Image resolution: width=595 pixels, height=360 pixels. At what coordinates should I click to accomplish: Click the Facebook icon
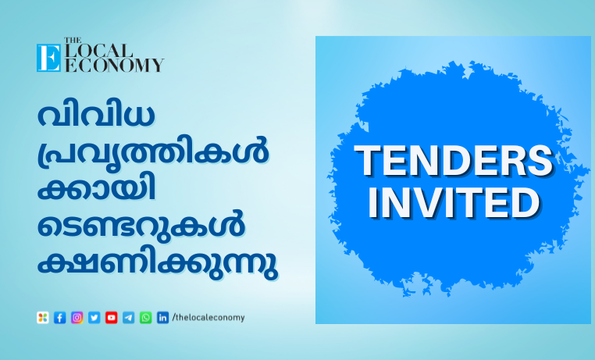click(59, 318)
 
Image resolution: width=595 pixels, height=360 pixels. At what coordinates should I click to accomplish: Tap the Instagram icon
click(77, 318)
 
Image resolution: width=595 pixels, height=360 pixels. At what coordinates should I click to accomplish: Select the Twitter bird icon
click(94, 318)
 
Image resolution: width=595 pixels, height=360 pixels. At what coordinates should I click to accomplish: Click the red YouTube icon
click(111, 318)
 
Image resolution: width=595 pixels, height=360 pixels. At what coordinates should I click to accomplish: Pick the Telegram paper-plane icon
click(128, 318)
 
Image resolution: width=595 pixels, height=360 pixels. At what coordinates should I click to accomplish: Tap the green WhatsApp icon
click(145, 318)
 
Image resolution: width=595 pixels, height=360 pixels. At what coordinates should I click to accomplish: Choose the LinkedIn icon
click(162, 318)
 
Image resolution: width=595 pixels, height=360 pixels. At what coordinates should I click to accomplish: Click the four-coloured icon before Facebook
click(42, 318)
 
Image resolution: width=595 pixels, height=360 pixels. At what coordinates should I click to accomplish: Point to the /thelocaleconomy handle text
click(208, 318)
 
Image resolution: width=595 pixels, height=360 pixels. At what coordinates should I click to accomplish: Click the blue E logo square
click(48, 58)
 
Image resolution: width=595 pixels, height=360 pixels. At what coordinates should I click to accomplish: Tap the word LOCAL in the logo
click(98, 51)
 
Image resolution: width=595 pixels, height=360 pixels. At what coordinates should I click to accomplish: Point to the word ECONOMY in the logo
click(114, 66)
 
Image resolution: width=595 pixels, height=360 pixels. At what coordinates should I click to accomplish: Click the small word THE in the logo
click(73, 40)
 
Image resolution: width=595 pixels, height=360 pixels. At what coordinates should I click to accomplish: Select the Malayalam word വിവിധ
click(96, 115)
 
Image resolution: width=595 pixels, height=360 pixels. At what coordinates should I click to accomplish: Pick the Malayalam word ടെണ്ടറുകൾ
click(141, 225)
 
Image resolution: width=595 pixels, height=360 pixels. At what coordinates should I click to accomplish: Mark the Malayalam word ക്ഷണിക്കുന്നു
click(158, 265)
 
